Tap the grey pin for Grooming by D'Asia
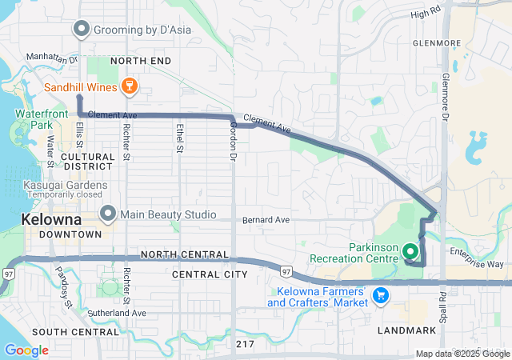tap(81, 30)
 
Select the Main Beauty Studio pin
tap(109, 214)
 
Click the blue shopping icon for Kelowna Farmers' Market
tap(382, 295)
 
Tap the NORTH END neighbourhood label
tap(141, 61)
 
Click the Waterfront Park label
tap(33, 120)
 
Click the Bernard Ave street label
tap(266, 219)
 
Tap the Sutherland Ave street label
tap(118, 313)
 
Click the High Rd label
tap(425, 14)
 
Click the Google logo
tap(26, 350)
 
